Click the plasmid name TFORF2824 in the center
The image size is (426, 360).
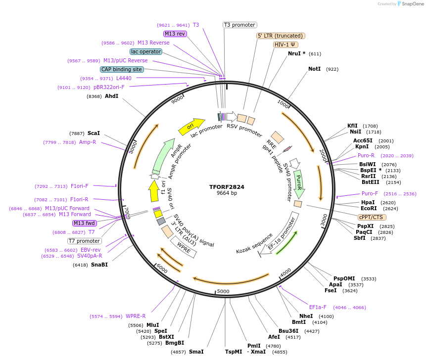click(227, 187)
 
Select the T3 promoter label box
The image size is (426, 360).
click(239, 25)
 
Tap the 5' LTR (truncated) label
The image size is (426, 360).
click(281, 36)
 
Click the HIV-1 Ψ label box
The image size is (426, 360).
click(285, 45)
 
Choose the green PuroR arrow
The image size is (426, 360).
click(298, 182)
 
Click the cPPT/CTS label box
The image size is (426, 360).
click(372, 217)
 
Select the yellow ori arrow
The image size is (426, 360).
click(191, 127)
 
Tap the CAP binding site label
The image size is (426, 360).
click(122, 69)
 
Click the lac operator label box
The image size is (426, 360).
click(146, 51)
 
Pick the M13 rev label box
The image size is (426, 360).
click(175, 34)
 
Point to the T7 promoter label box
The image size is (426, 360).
click(85, 241)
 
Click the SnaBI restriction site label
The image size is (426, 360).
click(99, 265)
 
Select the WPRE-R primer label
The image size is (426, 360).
click(136, 316)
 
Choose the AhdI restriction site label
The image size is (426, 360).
click(111, 96)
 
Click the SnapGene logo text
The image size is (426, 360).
click(411, 3)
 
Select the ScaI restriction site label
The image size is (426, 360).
click(94, 133)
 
